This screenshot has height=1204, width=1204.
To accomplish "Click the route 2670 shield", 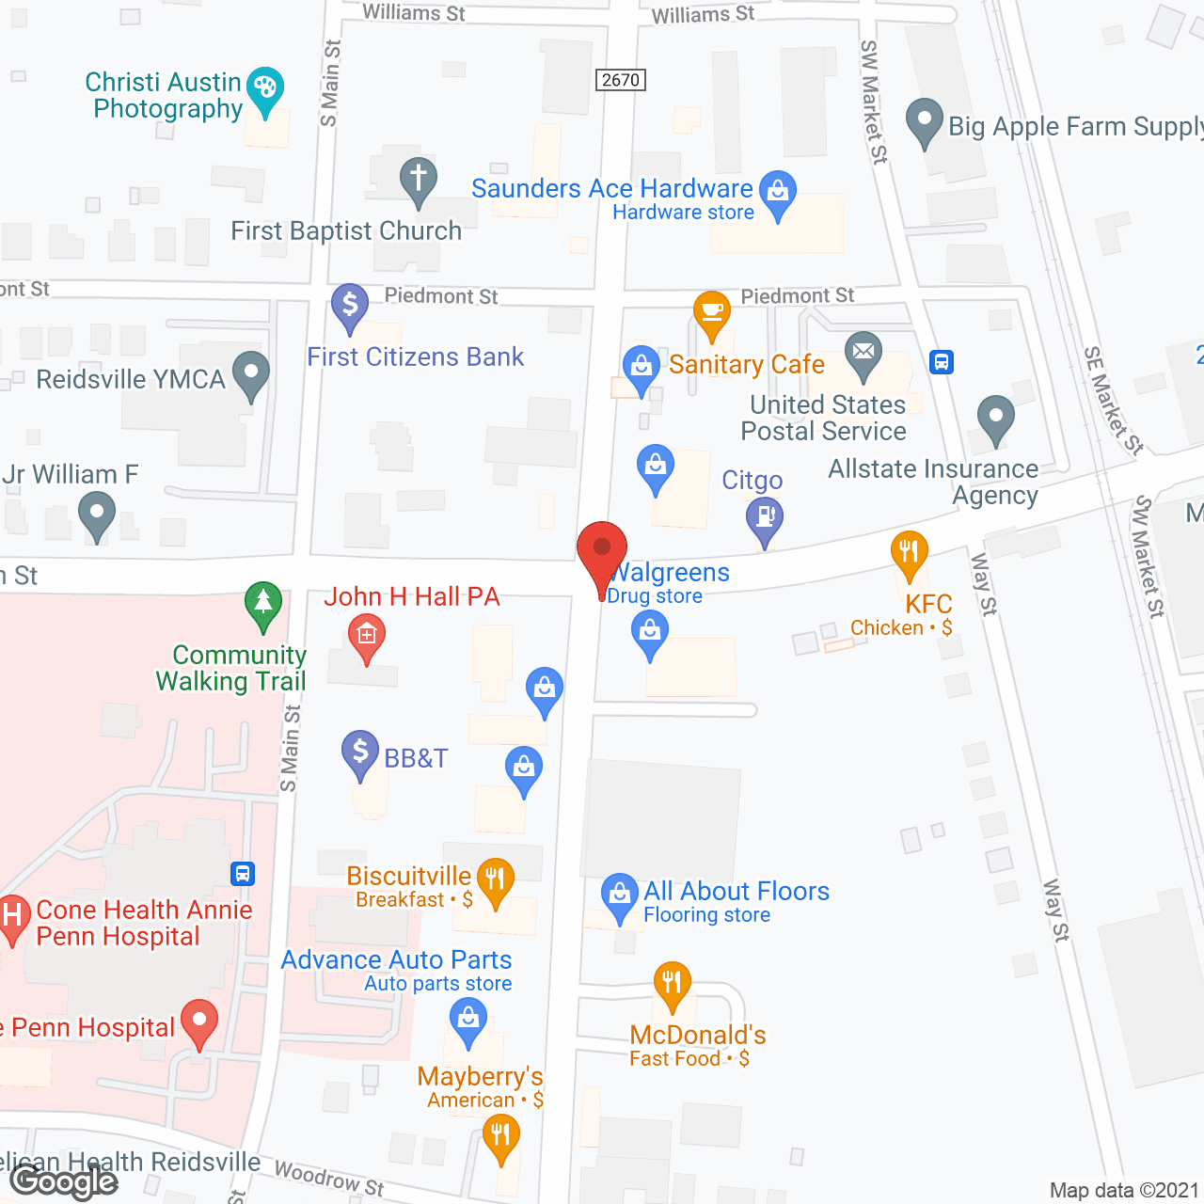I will tap(621, 80).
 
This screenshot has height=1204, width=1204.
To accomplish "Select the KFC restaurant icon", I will tap(909, 552).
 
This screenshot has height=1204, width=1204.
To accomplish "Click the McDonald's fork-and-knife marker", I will tap(672, 984).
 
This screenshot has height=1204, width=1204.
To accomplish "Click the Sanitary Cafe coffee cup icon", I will tap(712, 312).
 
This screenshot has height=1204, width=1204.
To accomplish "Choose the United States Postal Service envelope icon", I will tap(863, 354).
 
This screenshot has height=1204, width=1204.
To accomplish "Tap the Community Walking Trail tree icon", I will tap(263, 603).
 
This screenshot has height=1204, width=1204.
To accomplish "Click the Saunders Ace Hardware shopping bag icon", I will tap(777, 192).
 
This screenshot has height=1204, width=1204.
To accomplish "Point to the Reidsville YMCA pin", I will tap(251, 372).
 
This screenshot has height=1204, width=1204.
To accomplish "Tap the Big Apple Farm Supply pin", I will tap(924, 121).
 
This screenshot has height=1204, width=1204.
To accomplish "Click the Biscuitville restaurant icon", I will tap(496, 880).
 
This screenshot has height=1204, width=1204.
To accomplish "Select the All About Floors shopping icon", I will tap(620, 895).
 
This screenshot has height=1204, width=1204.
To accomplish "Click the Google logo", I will tap(64, 1181).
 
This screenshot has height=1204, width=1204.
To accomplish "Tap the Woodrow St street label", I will tap(329, 1178).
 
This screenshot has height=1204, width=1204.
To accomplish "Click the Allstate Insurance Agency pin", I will tap(995, 418).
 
